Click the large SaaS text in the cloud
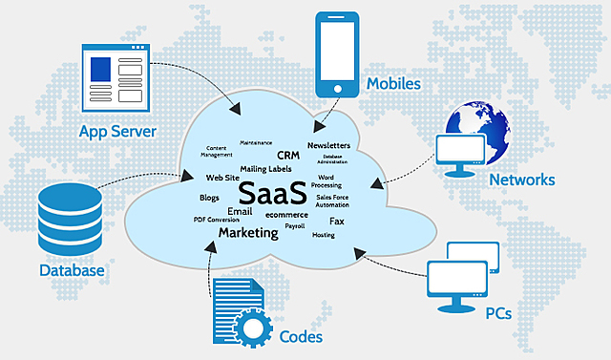point(274,191)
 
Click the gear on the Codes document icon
point(252,329)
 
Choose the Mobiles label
point(392,84)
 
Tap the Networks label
point(521,180)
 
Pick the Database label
point(72,271)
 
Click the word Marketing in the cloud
point(248,233)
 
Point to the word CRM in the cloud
point(288,155)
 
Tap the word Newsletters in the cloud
point(328,145)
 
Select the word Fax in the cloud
point(337,221)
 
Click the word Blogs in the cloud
point(209,198)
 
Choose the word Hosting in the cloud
point(324,235)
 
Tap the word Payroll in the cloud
point(295,227)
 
